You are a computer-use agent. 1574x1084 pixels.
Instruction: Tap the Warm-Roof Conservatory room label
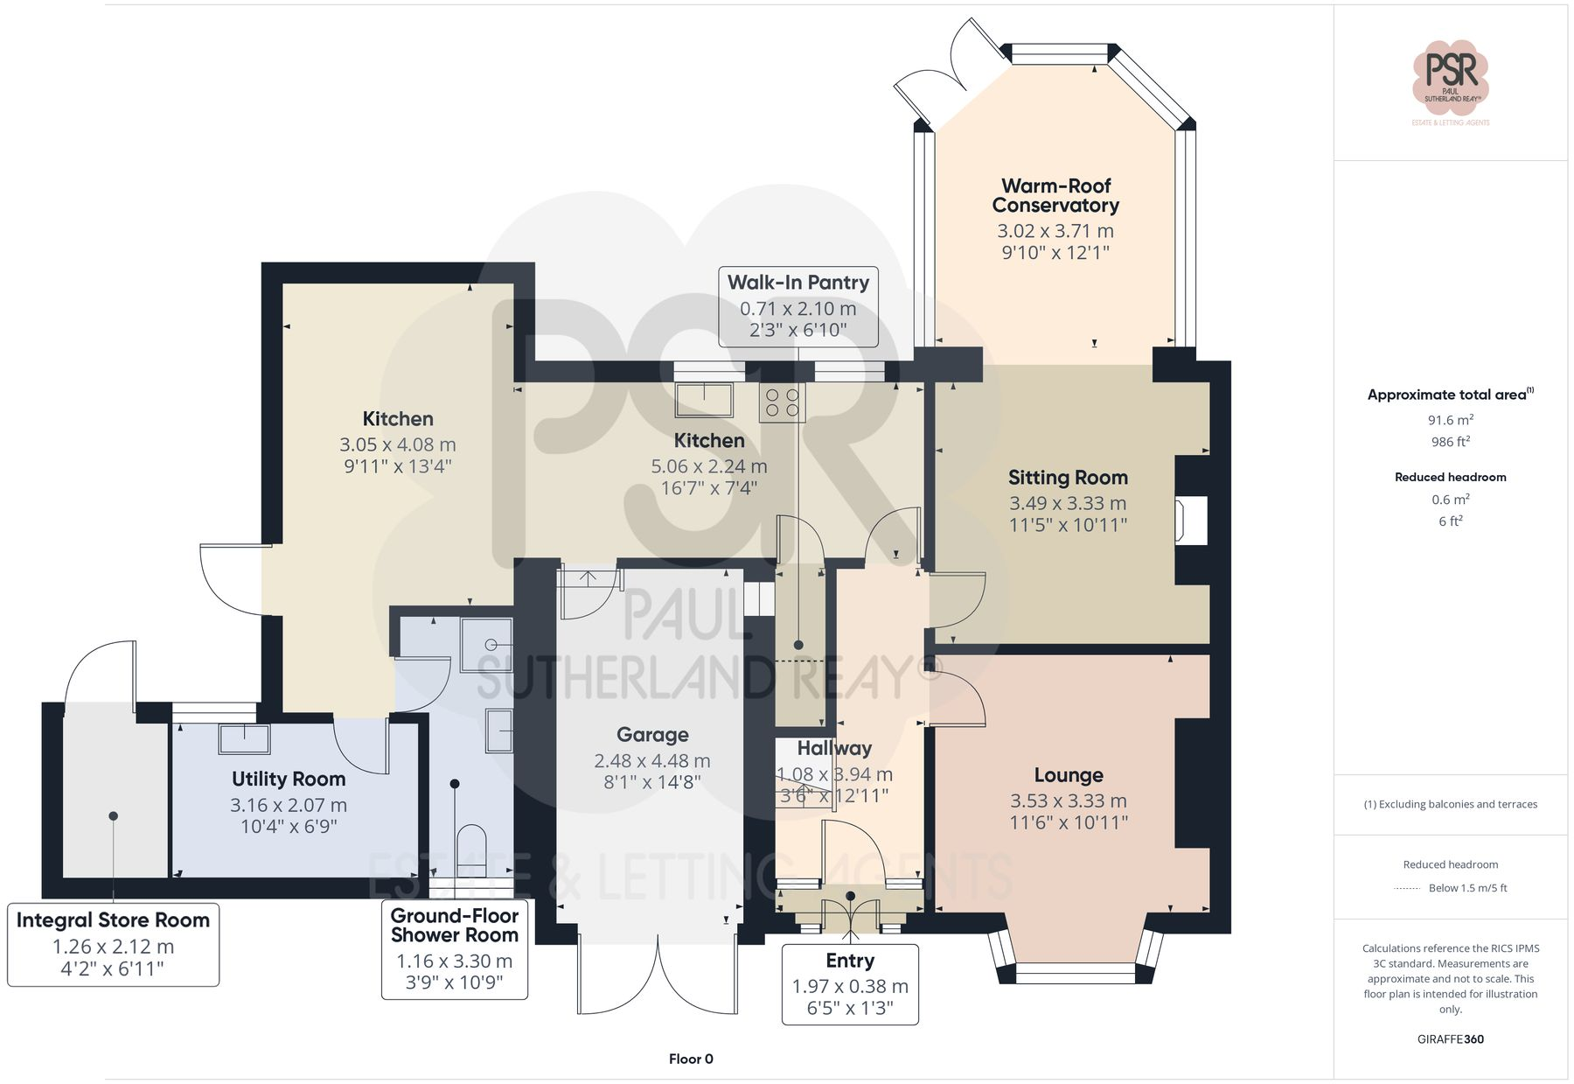point(1055,196)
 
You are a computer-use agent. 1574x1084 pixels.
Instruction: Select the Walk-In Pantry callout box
point(797,305)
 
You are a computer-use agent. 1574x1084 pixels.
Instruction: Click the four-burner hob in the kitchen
point(782,403)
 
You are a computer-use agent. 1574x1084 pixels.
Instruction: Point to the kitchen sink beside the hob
point(704,400)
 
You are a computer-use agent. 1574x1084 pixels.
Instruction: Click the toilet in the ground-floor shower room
point(471,849)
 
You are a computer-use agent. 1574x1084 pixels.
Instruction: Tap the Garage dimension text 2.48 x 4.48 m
point(651,761)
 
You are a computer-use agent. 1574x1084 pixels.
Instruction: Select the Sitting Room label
point(1068,478)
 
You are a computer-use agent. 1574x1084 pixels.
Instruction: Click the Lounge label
point(1068,775)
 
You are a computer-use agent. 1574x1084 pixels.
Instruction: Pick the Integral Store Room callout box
point(113,944)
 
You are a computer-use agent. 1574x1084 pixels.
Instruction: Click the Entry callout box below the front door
point(849,983)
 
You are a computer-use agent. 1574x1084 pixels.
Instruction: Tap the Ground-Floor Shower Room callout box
point(454,949)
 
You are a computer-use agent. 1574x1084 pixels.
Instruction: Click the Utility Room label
point(289,779)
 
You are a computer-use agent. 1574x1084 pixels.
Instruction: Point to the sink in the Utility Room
point(244,738)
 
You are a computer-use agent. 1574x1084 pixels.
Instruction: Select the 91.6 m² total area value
point(1450,420)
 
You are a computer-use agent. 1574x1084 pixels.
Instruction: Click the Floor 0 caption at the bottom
point(691,1059)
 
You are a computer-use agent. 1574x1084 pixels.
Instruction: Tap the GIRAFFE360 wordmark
point(1450,1039)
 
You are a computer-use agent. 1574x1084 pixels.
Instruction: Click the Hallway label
point(834,748)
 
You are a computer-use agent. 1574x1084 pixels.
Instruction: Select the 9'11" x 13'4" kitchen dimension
point(397,466)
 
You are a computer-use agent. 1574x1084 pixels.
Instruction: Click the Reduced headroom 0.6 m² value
point(1450,500)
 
